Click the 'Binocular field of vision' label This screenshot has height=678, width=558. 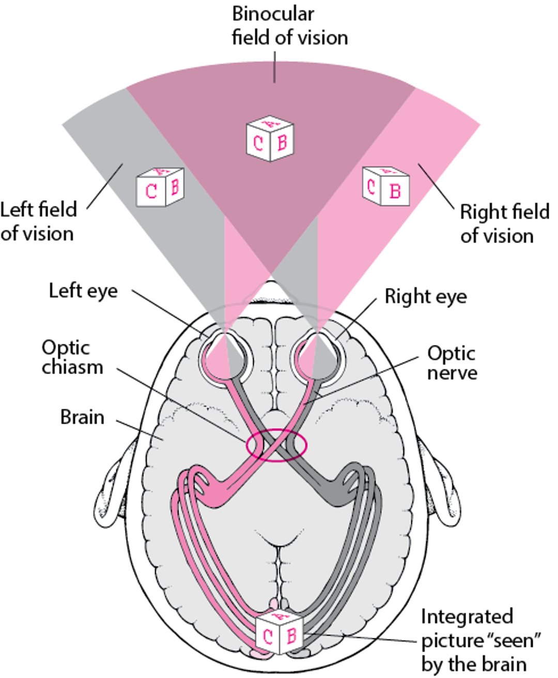[x=289, y=26]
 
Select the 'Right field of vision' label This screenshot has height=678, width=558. [x=504, y=223]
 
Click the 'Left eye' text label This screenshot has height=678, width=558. [x=83, y=291]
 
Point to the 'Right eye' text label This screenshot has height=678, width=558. [x=426, y=297]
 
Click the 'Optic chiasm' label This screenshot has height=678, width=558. [x=72, y=357]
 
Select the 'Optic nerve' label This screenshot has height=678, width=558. [x=452, y=363]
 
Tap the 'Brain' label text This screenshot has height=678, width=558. [x=82, y=417]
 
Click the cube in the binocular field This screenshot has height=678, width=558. [x=269, y=139]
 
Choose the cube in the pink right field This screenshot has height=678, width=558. [x=385, y=186]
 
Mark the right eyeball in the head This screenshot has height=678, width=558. [x=315, y=355]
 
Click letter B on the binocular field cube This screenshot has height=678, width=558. [x=282, y=142]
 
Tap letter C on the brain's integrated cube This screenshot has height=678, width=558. [x=268, y=637]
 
